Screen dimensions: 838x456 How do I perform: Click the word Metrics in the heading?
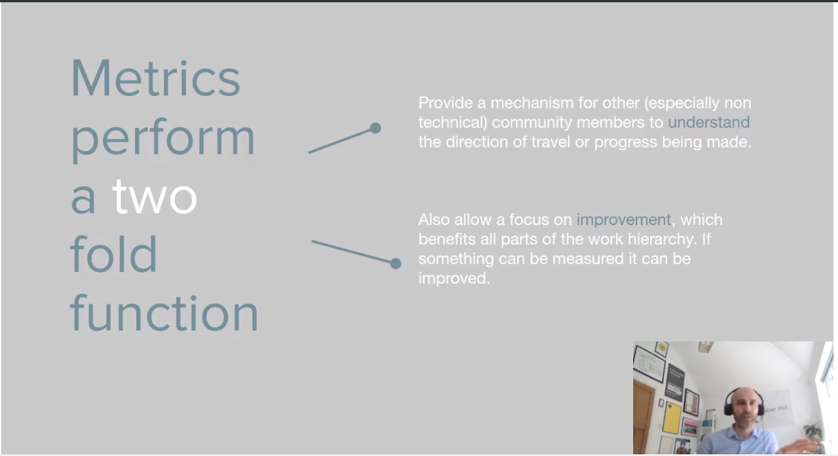[x=155, y=78]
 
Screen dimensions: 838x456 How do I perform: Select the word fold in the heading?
[x=114, y=254]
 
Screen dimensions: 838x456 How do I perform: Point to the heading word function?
[x=164, y=313]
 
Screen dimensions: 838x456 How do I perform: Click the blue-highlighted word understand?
[x=709, y=122]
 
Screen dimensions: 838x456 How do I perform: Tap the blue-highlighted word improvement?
[x=624, y=220]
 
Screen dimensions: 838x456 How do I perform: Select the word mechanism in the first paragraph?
[x=532, y=103]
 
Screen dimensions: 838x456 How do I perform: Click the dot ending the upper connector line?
[x=375, y=128]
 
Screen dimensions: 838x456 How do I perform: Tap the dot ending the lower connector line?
[x=396, y=263]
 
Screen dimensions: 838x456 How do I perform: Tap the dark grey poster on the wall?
[x=675, y=382]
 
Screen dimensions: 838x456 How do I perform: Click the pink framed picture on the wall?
[x=690, y=427]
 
